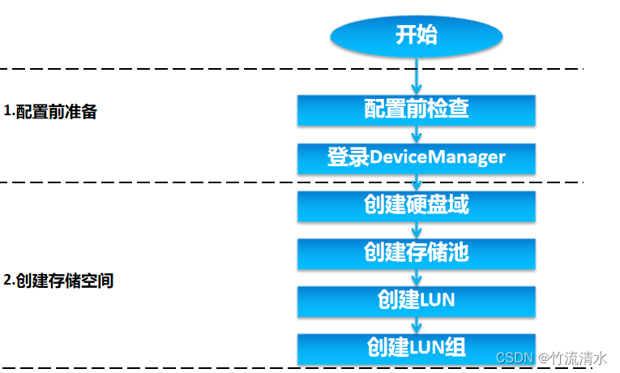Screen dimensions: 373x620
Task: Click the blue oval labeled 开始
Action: [416, 36]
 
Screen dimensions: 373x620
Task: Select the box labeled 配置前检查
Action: [416, 109]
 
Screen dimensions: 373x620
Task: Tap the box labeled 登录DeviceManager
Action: [416, 157]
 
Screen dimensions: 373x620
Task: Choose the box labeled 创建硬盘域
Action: [416, 205]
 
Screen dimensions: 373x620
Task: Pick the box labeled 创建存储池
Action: [416, 253]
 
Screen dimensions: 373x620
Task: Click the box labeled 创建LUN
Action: [416, 301]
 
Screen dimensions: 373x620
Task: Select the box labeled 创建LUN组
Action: [416, 348]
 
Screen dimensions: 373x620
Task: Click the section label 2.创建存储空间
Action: [58, 282]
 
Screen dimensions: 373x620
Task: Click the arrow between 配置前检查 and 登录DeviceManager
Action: [416, 134]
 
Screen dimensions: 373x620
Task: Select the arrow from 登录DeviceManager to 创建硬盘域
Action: [416, 182]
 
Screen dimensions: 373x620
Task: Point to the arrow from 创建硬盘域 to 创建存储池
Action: [416, 229]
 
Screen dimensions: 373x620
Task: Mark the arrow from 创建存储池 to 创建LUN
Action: [416, 277]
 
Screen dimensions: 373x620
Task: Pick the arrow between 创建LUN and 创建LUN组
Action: [416, 324]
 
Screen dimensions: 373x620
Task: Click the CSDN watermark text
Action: [512, 358]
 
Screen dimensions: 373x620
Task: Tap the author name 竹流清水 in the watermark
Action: [579, 358]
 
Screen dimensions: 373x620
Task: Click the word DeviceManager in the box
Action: [438, 157]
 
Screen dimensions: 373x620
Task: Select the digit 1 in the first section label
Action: [7, 112]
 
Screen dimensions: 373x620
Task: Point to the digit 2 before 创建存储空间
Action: [7, 282]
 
